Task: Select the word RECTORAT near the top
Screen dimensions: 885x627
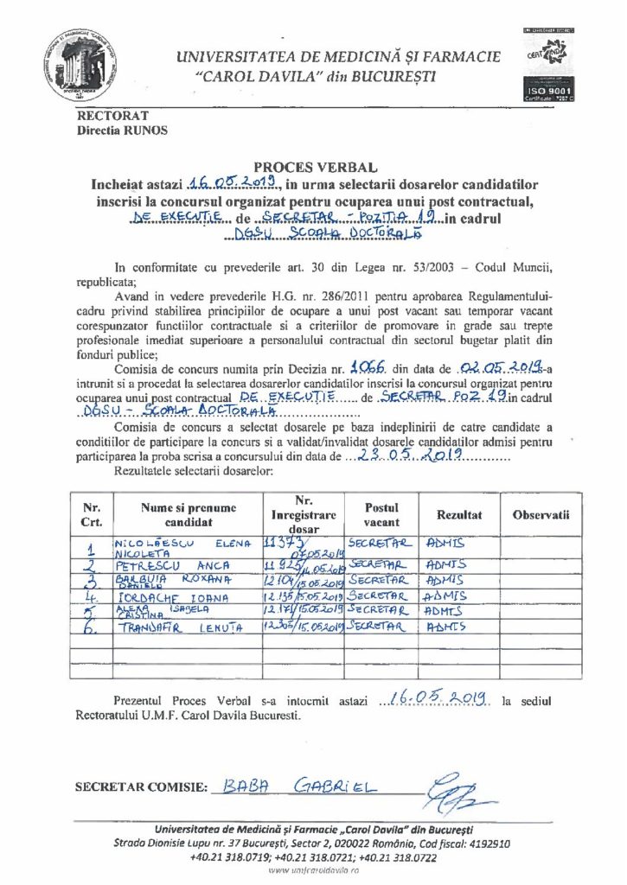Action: [x=113, y=115]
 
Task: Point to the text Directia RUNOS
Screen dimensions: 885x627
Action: [x=123, y=131]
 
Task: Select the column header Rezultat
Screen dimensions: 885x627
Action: [x=458, y=514]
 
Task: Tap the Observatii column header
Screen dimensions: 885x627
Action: [x=541, y=514]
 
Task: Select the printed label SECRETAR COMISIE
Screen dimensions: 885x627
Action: [x=142, y=787]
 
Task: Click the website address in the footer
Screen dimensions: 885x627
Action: [x=313, y=872]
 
